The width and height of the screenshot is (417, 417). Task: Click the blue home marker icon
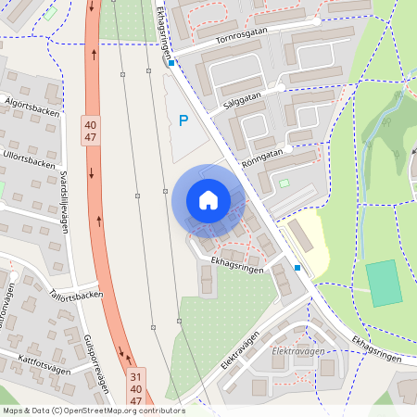pos(208,199)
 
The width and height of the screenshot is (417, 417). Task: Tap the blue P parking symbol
pos(183,120)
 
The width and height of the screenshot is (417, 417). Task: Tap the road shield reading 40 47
pos(90,131)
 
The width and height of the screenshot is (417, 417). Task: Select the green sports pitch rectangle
pos(384,284)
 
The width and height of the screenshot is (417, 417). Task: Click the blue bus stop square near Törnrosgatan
pos(171,63)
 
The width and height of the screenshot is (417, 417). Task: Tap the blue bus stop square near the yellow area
pos(297,268)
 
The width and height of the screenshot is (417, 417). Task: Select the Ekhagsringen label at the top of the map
pos(163,26)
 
